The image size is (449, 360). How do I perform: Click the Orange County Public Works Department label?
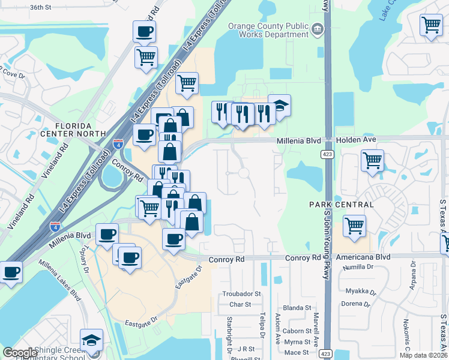[268, 30]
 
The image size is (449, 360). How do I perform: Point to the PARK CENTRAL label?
[342, 205]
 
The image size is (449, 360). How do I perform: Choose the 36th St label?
[41, 7]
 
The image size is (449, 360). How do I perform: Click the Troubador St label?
[242, 294]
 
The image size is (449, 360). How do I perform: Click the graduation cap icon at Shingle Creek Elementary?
[91, 340]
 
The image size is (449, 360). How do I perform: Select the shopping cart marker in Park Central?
[355, 226]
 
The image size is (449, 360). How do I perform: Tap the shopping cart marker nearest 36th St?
[146, 58]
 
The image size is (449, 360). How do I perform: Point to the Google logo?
[19, 353]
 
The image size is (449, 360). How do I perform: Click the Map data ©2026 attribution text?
[419, 355]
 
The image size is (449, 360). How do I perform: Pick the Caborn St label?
[297, 331]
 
